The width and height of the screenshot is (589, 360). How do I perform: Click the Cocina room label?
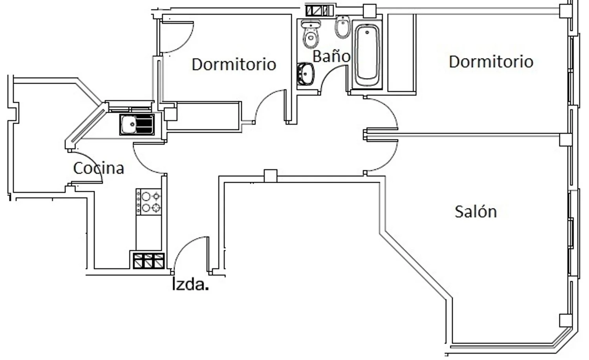click(x=99, y=168)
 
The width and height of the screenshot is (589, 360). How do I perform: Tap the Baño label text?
click(x=331, y=56)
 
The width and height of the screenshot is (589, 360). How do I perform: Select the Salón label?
click(x=476, y=212)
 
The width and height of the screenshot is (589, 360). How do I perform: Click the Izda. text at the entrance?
click(x=190, y=284)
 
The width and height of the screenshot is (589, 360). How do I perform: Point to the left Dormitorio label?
click(x=234, y=64)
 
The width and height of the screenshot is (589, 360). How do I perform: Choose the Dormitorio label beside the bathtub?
click(x=491, y=62)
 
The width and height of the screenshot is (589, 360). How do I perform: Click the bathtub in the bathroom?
click(x=367, y=55)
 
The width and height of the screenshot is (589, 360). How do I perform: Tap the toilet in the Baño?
click(x=311, y=34)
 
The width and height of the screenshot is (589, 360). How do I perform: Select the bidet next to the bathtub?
click(x=343, y=27)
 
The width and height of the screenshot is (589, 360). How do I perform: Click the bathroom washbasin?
click(x=305, y=74)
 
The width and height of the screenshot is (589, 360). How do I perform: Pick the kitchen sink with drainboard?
click(x=137, y=124)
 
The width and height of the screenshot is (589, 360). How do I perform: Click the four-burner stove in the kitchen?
click(x=148, y=202)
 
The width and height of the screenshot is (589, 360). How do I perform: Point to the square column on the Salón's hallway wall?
click(x=271, y=175)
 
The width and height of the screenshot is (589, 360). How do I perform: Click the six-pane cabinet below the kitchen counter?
click(x=148, y=261)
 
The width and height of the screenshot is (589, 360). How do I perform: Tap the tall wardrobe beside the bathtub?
click(x=402, y=53)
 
